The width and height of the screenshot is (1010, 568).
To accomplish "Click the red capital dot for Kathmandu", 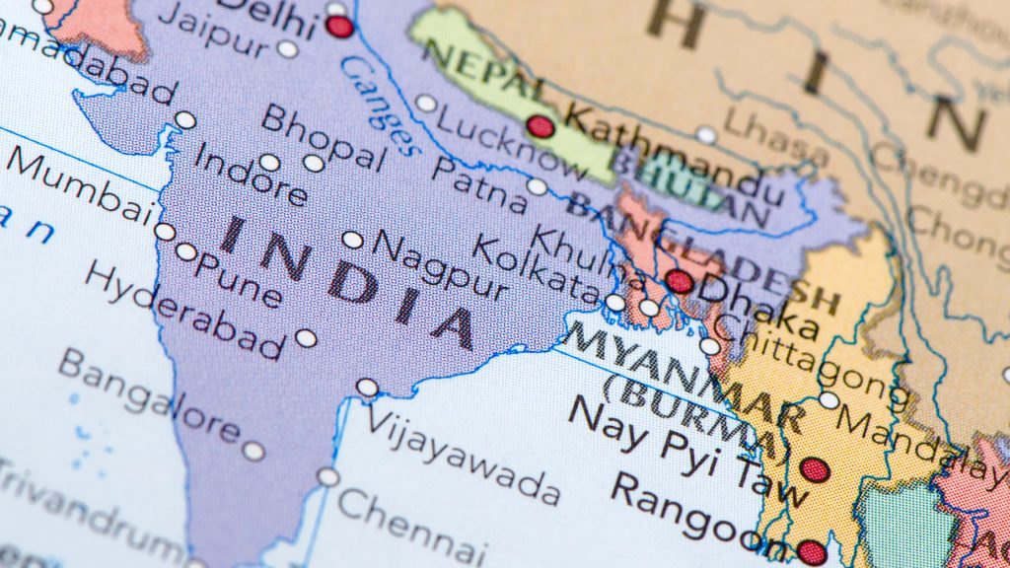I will [540, 126].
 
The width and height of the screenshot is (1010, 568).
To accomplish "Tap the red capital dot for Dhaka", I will [679, 281].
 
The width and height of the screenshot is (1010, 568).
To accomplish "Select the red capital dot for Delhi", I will [339, 27].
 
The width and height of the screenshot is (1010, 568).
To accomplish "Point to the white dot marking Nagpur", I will [353, 240].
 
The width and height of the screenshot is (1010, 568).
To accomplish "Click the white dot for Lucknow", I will [426, 104].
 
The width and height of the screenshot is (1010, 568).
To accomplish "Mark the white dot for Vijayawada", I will [367, 388].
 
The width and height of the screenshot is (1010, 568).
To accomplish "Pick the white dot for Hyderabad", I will [306, 338].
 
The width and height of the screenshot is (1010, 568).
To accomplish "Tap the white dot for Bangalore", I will [253, 451].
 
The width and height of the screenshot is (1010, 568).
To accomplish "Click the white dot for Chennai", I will [327, 477].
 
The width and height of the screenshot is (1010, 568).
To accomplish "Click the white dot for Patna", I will [537, 186].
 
